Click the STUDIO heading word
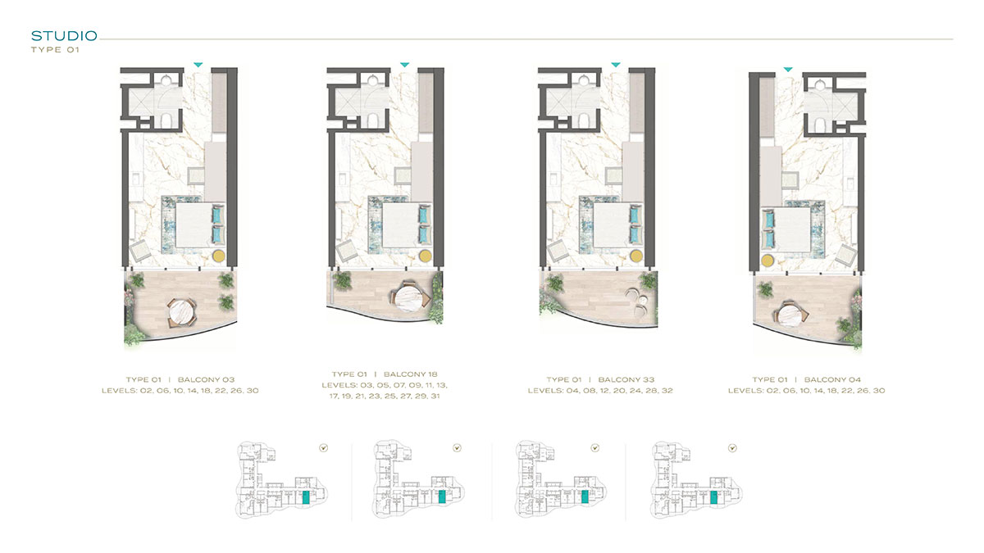point(64,36)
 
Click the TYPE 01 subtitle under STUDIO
point(56,50)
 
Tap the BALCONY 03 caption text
point(206,379)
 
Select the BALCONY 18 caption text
point(410,374)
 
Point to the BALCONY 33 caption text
point(626,379)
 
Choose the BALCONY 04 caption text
point(832,379)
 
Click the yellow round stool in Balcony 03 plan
point(219,256)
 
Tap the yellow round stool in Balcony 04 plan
point(768,261)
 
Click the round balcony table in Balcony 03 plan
point(182,310)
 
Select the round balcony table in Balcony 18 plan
point(408,298)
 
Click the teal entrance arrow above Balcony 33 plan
point(616,65)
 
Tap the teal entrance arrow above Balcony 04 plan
point(788,70)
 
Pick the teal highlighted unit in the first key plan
point(306,498)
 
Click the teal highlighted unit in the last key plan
point(714,498)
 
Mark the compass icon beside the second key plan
point(457,448)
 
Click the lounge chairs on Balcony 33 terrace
point(638,302)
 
